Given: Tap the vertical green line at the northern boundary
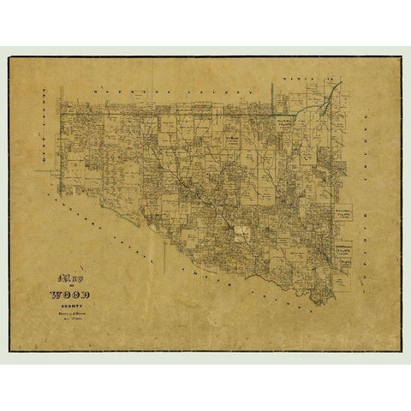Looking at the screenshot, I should tap(273, 98).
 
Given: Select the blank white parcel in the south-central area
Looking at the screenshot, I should tap(243, 230).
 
